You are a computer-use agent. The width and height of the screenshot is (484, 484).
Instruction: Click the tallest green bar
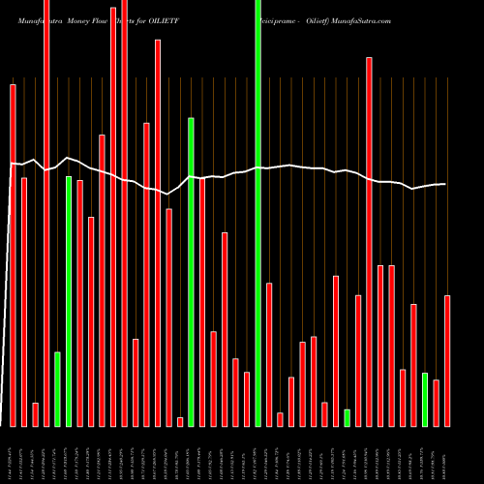[x=257, y=213]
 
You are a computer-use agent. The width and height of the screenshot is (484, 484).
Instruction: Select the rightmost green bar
[x=425, y=399]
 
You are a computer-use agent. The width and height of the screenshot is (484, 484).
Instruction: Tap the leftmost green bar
[x=57, y=389]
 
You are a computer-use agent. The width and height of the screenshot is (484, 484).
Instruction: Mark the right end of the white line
[x=445, y=184]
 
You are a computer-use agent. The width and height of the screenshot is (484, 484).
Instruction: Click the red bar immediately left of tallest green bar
[x=247, y=399]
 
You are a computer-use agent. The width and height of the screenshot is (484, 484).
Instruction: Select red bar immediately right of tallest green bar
[x=269, y=354]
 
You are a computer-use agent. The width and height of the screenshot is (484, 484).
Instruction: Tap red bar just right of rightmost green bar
[x=437, y=403]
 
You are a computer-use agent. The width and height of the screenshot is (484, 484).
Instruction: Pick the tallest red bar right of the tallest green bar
[x=369, y=241]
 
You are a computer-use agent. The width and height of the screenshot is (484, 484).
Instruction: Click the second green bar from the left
[x=69, y=301]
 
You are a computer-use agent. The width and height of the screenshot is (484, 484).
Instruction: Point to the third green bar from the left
[x=191, y=271]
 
